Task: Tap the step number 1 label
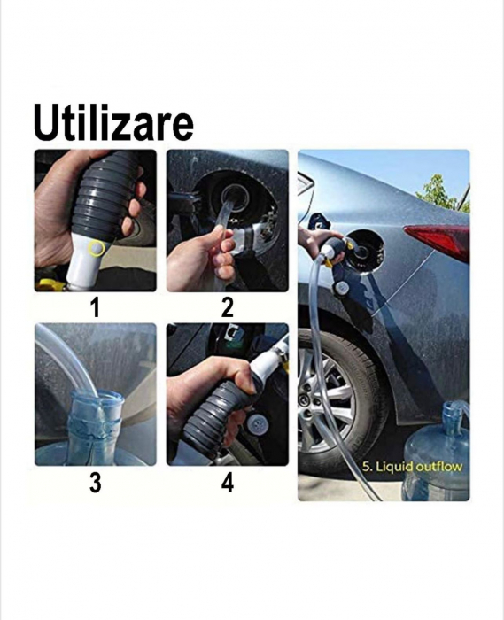[94, 308]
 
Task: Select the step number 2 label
[228, 308]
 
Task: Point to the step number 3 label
[94, 483]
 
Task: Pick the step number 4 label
[228, 483]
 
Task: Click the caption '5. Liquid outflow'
[413, 466]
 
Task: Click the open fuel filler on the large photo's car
[359, 251]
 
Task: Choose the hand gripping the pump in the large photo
[314, 239]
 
